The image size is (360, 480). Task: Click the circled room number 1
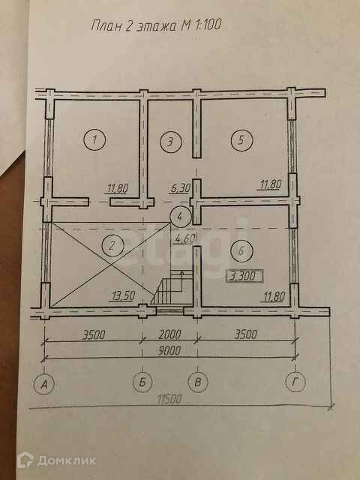click(94, 139)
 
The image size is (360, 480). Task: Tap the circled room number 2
click(113, 246)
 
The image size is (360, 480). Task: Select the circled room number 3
click(171, 142)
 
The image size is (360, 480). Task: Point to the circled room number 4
click(181, 217)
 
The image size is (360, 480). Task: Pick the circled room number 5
click(241, 140)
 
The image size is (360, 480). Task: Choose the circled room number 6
click(241, 251)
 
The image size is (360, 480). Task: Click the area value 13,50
click(123, 296)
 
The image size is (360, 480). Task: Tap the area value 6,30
click(180, 189)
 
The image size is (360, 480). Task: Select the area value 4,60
click(183, 238)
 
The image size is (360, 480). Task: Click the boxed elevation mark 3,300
click(244, 275)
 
